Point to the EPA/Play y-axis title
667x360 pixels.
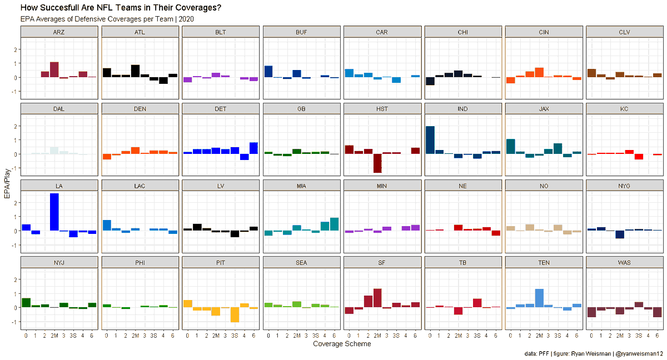7,178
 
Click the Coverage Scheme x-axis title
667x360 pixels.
342,344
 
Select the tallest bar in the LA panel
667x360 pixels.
54,212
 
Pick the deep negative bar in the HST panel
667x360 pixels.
377,163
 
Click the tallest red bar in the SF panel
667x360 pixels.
377,298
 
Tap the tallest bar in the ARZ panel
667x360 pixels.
54,69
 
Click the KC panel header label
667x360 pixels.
624,109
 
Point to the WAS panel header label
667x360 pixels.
624,262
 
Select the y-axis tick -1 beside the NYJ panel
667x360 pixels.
15,322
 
